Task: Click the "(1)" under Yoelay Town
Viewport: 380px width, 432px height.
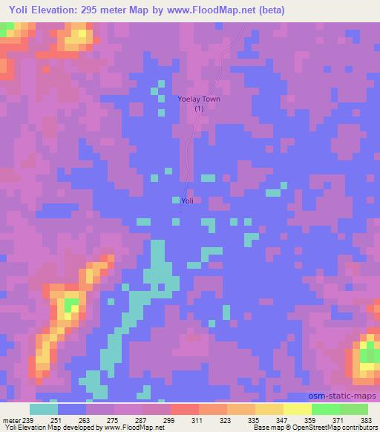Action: [x=199, y=108]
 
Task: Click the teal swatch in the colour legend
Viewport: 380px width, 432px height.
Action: [x=44, y=409]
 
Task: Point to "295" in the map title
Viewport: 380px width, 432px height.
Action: [x=111, y=10]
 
